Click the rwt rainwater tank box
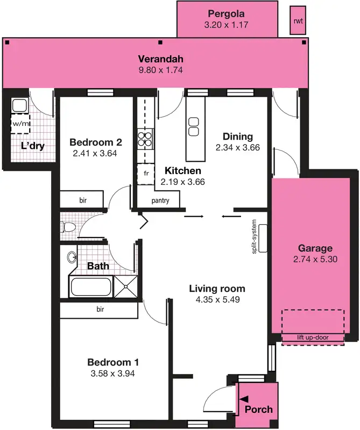point(297,21)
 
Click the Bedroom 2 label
point(96,142)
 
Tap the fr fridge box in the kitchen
point(145,173)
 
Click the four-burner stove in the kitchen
point(145,139)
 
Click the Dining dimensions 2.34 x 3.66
point(237,147)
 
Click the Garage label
point(315,248)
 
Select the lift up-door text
point(313,338)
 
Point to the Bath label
point(98,266)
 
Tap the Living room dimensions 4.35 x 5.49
point(217,299)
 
